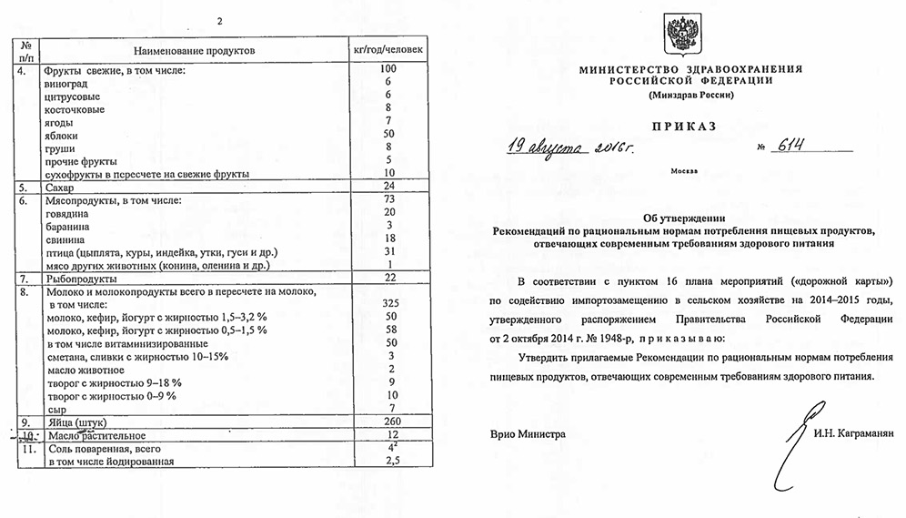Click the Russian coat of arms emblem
(682, 35)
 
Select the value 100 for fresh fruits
(388, 69)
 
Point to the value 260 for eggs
(388, 422)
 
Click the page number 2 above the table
(219, 20)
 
